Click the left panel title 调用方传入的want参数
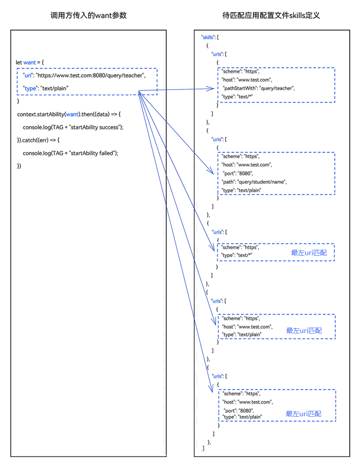click(x=89, y=15)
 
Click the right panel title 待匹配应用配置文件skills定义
click(x=271, y=15)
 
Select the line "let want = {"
click(x=30, y=62)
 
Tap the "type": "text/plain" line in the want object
click(x=45, y=88)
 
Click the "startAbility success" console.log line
click(x=73, y=127)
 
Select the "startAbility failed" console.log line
click(x=71, y=153)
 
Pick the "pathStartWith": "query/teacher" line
click(x=259, y=88)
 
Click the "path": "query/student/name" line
click(x=254, y=182)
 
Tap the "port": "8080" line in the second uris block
click(x=238, y=173)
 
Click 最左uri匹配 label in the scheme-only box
click(x=309, y=253)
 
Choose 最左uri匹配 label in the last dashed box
click(x=303, y=414)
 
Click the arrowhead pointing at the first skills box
click(x=210, y=89)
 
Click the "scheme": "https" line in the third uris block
click(x=240, y=247)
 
